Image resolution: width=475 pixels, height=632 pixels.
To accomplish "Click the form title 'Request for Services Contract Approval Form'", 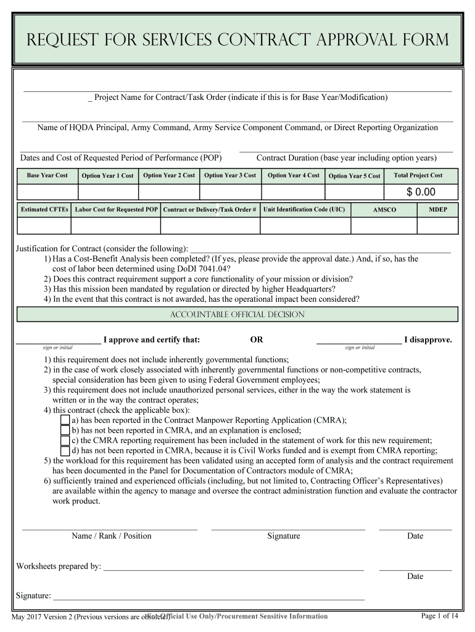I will pos(238,41).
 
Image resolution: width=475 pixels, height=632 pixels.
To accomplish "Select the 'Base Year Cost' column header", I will pos(47,175).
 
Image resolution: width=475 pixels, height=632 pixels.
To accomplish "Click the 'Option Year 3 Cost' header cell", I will pos(230,175).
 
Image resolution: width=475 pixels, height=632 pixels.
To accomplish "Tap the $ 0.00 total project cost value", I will pos(421,192).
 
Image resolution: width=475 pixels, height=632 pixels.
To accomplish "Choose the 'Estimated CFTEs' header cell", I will pos(44,209).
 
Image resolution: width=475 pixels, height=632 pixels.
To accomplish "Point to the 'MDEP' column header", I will pos(438,209).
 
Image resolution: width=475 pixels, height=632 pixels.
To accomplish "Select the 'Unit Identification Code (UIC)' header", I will pos(304,209).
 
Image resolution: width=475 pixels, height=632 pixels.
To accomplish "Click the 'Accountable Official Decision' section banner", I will pos(238,315).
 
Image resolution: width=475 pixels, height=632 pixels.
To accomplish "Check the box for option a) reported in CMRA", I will pos(65,420).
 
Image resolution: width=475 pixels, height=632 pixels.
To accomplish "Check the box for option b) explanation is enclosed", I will pos(65,430).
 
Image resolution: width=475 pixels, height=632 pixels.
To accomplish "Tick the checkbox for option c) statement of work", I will pos(65,441).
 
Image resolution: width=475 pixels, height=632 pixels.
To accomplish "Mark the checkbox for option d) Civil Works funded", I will pos(65,451).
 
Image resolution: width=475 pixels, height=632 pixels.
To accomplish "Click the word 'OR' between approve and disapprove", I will pos(256,339).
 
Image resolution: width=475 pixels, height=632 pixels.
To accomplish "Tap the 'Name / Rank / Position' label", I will pos(111,536).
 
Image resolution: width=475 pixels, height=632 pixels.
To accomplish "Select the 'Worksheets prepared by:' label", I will pos(59,566).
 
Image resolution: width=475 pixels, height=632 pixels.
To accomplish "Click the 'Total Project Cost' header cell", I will pos(418,175).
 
